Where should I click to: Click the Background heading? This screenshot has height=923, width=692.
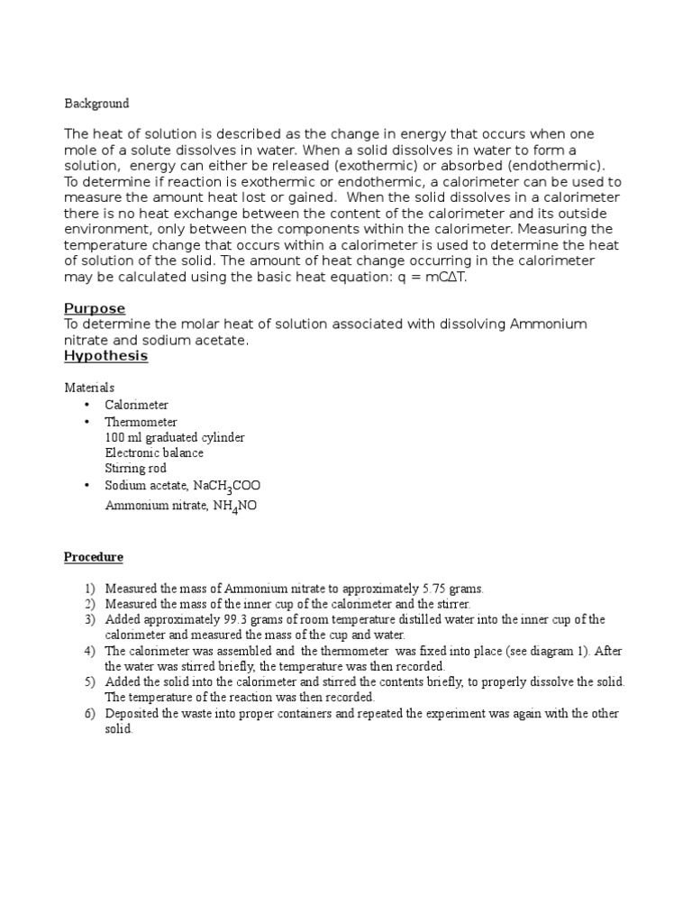[96, 104]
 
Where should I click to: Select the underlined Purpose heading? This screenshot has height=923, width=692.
[95, 309]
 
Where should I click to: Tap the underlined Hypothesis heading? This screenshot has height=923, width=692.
[105, 356]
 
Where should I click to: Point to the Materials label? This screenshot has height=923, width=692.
[89, 388]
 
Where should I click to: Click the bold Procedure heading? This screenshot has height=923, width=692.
[93, 557]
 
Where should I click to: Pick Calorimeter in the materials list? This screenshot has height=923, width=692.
[136, 406]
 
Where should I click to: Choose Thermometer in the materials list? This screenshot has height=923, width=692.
[141, 422]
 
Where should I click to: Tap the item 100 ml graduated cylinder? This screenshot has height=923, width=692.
[174, 437]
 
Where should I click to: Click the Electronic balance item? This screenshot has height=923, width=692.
[154, 452]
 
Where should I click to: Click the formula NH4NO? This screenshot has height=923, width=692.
[235, 506]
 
